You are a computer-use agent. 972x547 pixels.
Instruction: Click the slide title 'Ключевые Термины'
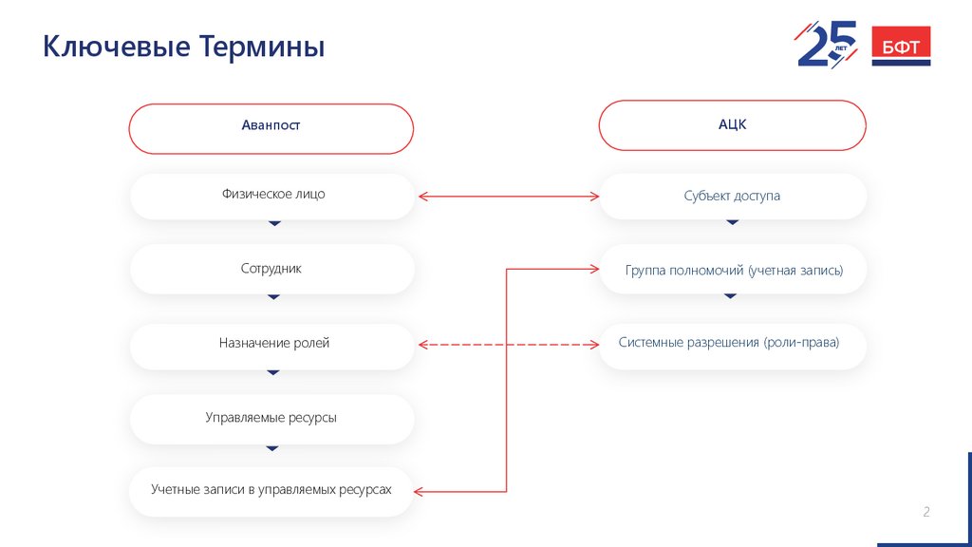[184, 47]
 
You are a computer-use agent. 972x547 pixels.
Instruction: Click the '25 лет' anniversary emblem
[826, 44]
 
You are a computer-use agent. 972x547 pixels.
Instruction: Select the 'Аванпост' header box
[271, 127]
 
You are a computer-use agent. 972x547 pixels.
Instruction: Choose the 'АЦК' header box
[732, 125]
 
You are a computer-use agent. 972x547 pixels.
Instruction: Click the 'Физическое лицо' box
[271, 196]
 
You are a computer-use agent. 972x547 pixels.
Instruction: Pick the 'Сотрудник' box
[271, 269]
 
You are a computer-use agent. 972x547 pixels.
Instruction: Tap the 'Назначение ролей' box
[271, 344]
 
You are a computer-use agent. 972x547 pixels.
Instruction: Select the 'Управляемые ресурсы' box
[271, 418]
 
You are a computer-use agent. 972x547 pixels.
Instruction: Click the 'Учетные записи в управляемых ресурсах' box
[271, 491]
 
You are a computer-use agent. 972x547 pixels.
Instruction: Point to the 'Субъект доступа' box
[732, 197]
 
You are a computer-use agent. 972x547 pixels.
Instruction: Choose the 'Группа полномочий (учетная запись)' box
[732, 271]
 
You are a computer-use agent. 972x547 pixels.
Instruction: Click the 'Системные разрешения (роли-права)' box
[732, 344]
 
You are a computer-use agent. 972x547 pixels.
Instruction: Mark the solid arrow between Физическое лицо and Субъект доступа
[508, 197]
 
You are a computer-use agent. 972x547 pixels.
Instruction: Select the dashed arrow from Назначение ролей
[508, 345]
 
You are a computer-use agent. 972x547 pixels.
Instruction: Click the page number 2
[926, 513]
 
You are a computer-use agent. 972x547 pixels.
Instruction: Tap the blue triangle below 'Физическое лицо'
[274, 223]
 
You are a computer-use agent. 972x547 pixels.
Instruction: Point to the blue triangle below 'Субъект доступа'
[732, 222]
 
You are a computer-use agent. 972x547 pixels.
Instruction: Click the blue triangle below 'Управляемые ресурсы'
[273, 447]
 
